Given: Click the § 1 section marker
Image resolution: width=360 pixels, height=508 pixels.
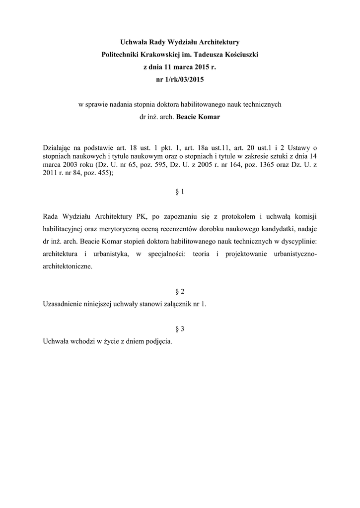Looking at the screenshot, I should [180, 191].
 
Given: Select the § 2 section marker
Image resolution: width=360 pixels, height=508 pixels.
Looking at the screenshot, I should [180, 291].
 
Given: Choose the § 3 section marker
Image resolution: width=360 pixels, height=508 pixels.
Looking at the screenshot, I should [180, 329].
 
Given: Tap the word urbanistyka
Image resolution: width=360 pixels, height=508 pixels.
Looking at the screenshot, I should [108, 254].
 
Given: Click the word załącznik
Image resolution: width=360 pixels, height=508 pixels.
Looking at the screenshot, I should [178, 304].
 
